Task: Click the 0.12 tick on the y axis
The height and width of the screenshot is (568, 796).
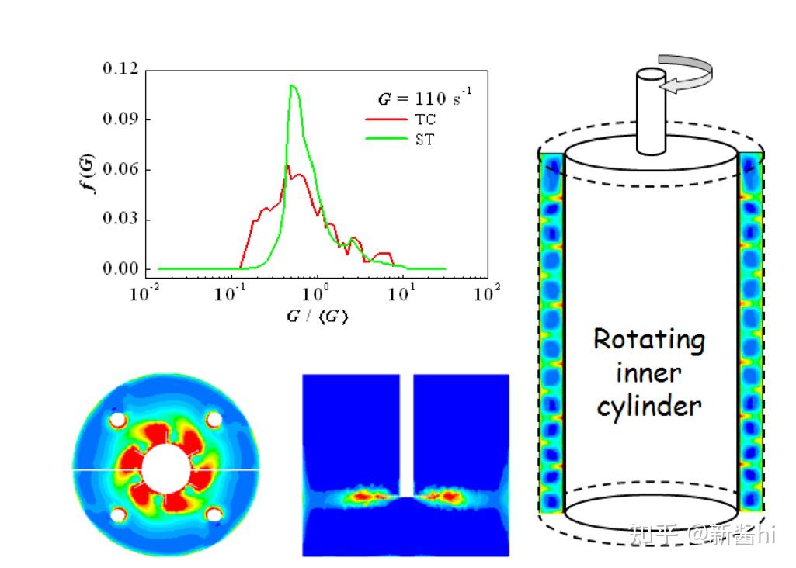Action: click(120, 69)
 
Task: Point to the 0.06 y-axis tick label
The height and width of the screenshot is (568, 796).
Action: click(120, 169)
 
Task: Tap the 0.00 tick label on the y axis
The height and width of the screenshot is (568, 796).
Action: click(120, 269)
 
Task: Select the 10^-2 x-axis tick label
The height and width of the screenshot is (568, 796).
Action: click(145, 294)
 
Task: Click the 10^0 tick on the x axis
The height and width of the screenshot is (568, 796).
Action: click(316, 294)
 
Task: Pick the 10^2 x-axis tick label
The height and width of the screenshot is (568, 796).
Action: click(487, 294)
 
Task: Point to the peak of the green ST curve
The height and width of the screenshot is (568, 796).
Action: click(292, 85)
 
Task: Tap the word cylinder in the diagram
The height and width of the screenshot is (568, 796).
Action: click(649, 405)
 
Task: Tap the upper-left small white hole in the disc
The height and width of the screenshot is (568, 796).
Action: click(117, 420)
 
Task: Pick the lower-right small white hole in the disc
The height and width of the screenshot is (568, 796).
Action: click(214, 514)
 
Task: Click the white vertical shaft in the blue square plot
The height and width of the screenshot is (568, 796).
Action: click(406, 435)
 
